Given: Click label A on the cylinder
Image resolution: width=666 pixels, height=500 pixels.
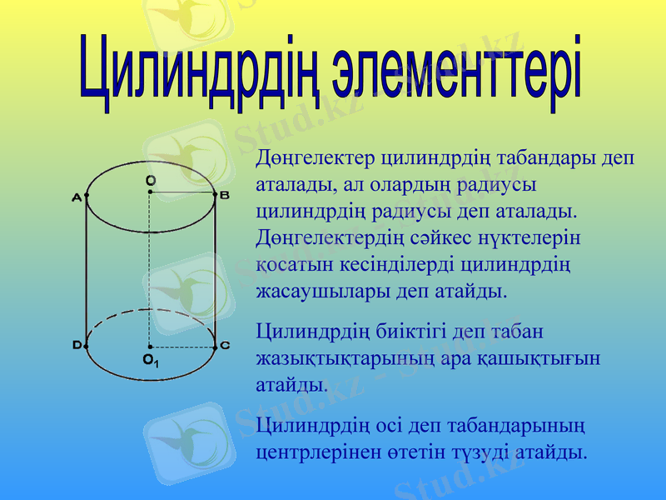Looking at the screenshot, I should coord(77,197).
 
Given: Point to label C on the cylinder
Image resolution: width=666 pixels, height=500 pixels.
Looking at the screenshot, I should coord(225,345).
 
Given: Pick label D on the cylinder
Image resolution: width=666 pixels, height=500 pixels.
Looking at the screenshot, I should coord(77,345).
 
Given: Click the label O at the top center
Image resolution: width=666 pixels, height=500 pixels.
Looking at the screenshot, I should coord(150,180).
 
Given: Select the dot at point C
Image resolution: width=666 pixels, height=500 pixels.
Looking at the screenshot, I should coord(215,347).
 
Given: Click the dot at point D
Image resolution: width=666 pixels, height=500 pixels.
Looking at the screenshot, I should coord(87,345).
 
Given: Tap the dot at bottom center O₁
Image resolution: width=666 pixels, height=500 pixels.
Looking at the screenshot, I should coord(150,347).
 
